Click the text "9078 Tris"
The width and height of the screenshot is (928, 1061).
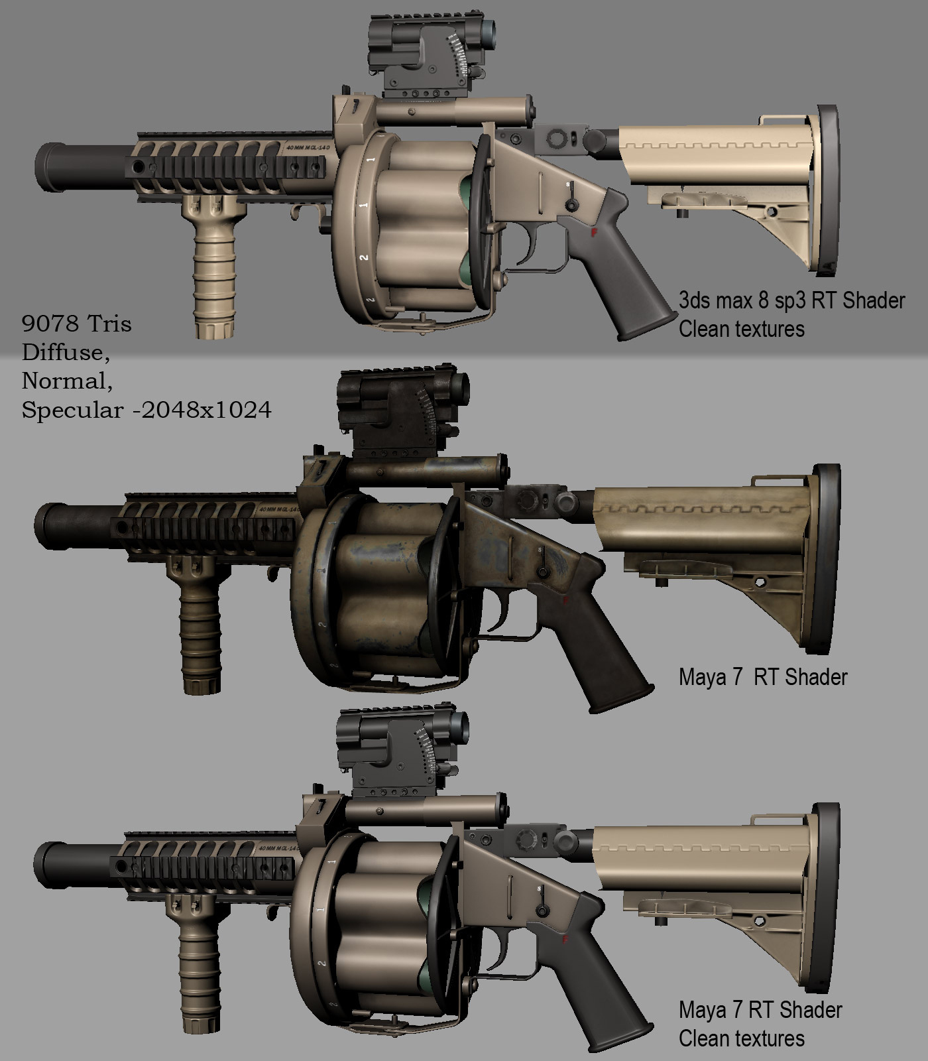click(76, 324)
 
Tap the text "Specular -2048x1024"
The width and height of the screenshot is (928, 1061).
click(146, 410)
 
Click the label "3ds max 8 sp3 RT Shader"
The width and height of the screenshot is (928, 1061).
click(791, 300)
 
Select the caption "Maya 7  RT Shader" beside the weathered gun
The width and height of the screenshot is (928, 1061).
click(763, 677)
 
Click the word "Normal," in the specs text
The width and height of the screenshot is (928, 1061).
click(67, 381)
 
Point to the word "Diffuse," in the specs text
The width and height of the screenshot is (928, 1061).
click(66, 352)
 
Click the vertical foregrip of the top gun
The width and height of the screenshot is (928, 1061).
click(211, 272)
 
